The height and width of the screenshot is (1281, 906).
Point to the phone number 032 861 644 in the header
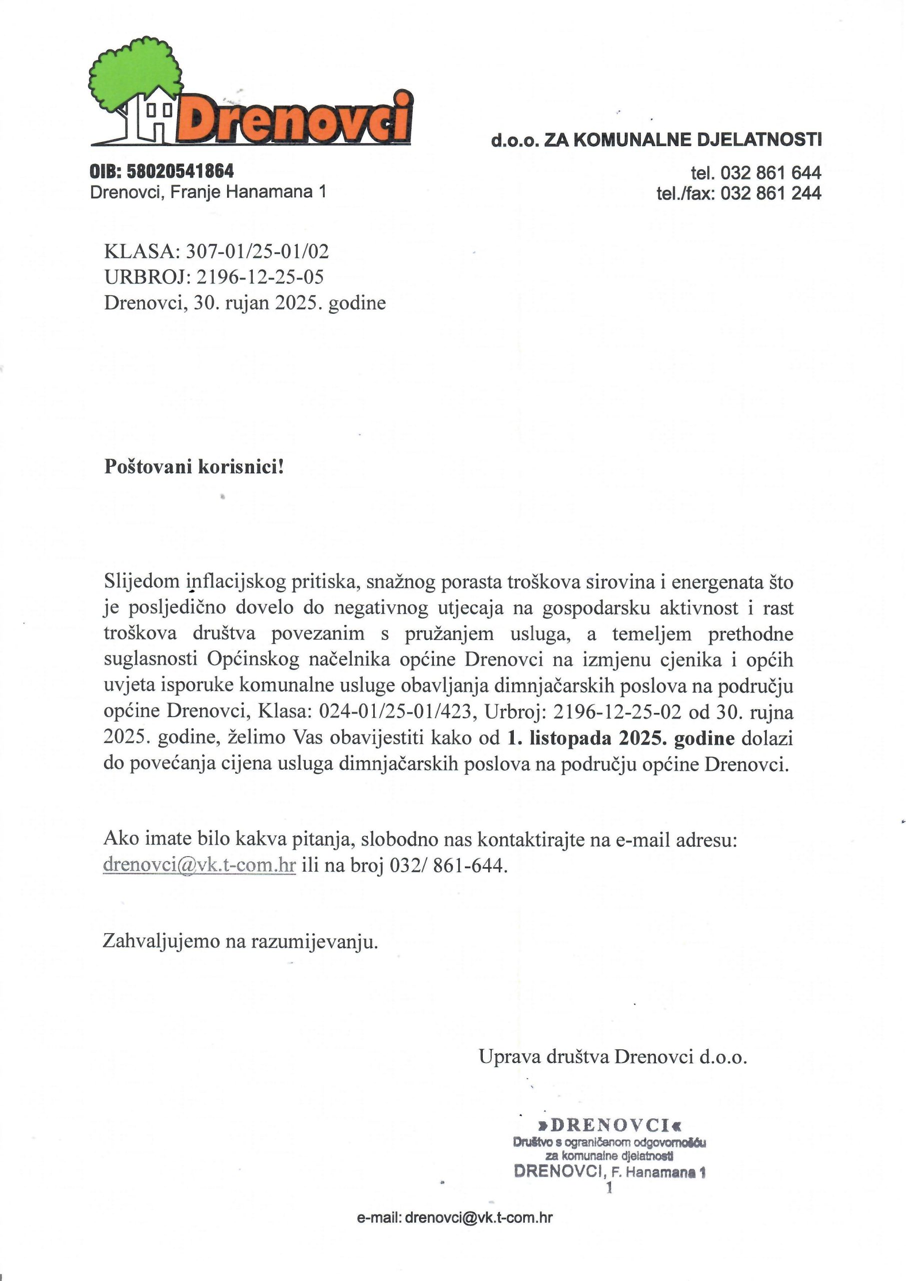click(770, 173)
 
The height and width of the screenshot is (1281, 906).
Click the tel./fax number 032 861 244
click(770, 194)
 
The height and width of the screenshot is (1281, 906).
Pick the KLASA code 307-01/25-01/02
click(257, 252)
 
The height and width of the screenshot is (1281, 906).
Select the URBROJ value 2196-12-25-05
click(260, 277)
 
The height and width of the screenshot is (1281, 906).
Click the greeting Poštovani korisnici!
click(194, 466)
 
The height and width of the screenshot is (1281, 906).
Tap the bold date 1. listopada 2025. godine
click(621, 739)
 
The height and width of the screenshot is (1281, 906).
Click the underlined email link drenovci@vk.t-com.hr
click(199, 865)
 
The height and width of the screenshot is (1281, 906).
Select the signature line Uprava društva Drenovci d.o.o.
click(612, 1057)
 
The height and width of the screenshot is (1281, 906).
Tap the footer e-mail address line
click(455, 1217)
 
